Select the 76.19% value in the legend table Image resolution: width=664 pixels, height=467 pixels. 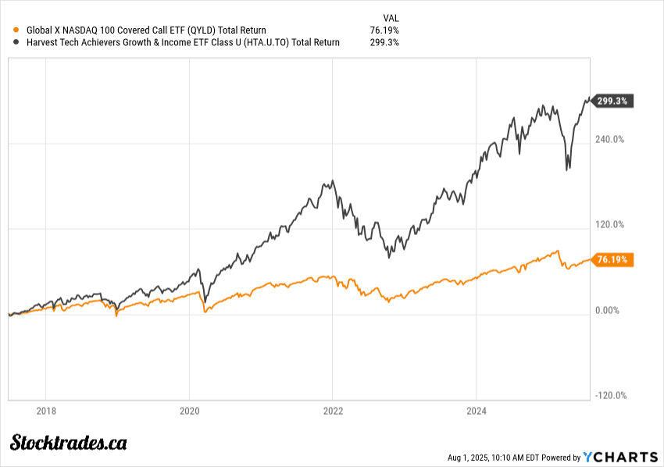point(384,30)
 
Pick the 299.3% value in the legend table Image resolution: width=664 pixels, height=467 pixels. point(384,42)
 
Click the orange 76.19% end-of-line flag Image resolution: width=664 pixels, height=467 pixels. point(613,260)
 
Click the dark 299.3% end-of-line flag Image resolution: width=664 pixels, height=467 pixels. point(613,101)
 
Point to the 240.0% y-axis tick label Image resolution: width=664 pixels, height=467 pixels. point(611,140)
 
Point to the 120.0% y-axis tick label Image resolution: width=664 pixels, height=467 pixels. point(611,225)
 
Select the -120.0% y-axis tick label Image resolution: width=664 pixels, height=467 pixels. point(610,395)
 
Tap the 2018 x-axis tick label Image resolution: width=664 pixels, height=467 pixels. point(47,410)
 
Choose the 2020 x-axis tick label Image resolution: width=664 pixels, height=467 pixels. point(190,410)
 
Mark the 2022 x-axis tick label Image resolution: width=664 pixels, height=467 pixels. point(334,410)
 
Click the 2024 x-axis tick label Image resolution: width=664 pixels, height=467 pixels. point(477,410)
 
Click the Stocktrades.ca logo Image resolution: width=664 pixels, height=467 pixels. point(69,443)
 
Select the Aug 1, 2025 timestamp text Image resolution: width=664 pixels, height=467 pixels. point(512,458)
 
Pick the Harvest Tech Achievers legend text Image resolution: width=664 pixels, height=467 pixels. point(183,42)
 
